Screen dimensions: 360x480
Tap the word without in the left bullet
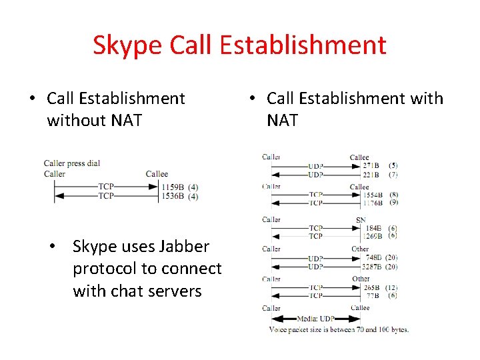click(x=75, y=121)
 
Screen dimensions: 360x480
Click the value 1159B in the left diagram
click(x=172, y=187)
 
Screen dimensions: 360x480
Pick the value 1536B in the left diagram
click(x=172, y=196)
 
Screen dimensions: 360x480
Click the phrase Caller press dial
click(x=72, y=163)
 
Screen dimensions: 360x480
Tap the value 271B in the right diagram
click(x=371, y=165)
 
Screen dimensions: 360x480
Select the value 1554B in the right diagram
click(x=373, y=195)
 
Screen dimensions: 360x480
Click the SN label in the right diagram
click(x=361, y=219)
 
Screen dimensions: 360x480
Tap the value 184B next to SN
click(x=373, y=227)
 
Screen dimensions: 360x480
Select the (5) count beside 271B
click(x=393, y=165)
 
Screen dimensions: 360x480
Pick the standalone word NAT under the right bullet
click(x=282, y=121)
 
